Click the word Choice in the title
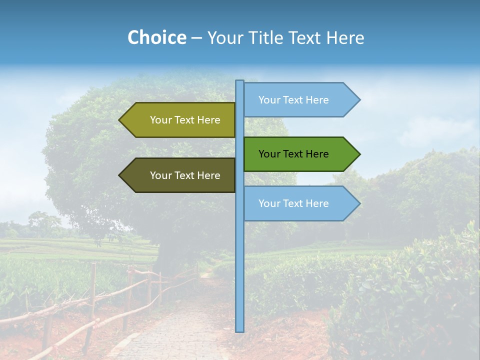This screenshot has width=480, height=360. pos(156,37)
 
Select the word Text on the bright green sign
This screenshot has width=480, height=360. pos(294,154)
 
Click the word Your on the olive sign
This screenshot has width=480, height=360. pos(160,120)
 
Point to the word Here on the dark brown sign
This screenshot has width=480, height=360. pos(209,175)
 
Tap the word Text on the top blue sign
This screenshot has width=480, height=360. pos(294,100)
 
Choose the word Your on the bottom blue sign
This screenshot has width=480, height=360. pos(269,203)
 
